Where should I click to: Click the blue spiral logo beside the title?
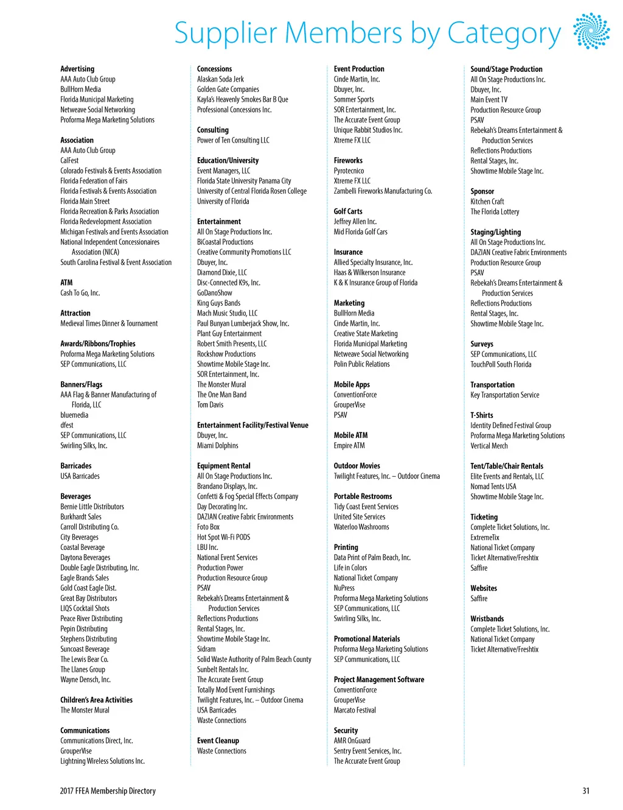click(x=591, y=30)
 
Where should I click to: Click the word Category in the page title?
click(x=504, y=34)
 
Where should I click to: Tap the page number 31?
click(x=585, y=791)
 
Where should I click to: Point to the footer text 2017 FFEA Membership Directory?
click(x=108, y=791)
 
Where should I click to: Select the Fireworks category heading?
click(x=348, y=161)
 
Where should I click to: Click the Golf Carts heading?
click(x=348, y=211)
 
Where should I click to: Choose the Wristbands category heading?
click(x=487, y=619)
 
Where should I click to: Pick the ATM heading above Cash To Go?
click(x=66, y=283)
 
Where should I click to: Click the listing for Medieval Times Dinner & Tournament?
click(x=109, y=323)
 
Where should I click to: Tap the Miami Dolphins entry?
click(x=217, y=446)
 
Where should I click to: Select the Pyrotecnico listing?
click(x=349, y=171)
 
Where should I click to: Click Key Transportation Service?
click(x=504, y=395)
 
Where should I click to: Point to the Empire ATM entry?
click(x=349, y=446)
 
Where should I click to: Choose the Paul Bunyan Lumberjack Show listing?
click(x=243, y=323)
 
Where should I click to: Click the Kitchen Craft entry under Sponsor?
click(x=487, y=202)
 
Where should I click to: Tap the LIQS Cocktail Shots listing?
click(x=85, y=608)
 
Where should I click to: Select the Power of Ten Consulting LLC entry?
click(x=233, y=140)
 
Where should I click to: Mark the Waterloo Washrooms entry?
click(x=361, y=527)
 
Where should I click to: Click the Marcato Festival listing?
click(x=355, y=710)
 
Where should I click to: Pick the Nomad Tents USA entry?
click(x=493, y=487)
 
